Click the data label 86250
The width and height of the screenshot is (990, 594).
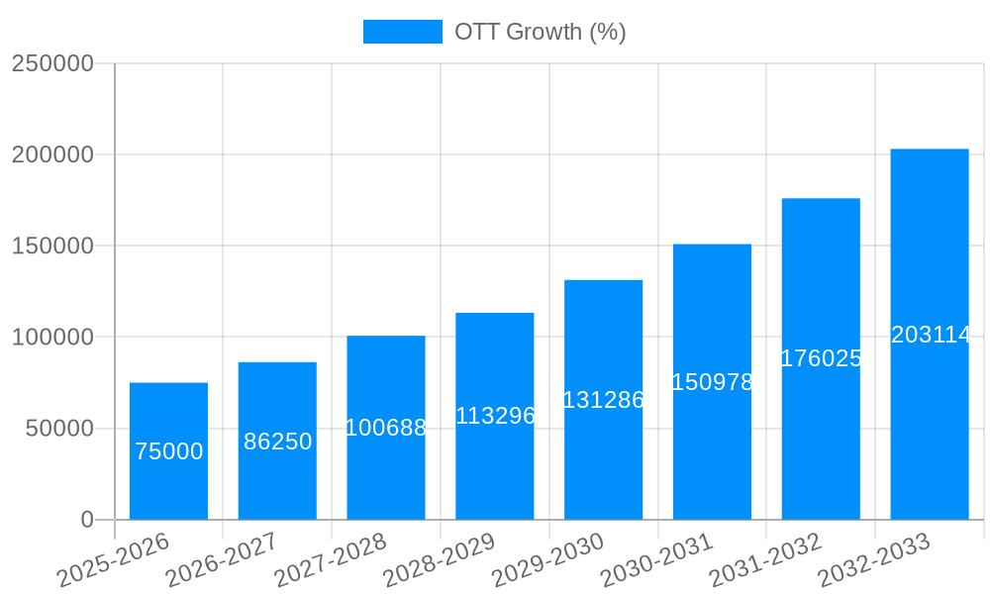pyautogui.click(x=277, y=442)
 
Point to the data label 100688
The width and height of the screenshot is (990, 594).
pyautogui.click(x=386, y=428)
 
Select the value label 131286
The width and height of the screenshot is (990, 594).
pyautogui.click(x=603, y=400)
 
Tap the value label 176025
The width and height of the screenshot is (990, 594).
pyautogui.click(x=821, y=358)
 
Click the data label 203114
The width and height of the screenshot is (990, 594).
pyautogui.click(x=930, y=336)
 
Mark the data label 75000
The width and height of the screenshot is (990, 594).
pyautogui.click(x=168, y=451)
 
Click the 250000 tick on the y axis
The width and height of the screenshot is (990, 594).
pyautogui.click(x=52, y=64)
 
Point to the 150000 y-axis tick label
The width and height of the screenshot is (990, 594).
pyautogui.click(x=52, y=247)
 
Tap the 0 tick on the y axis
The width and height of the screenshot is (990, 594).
pyautogui.click(x=87, y=520)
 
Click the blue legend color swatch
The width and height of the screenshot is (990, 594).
pyautogui.click(x=402, y=32)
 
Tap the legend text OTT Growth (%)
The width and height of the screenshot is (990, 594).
pyautogui.click(x=540, y=32)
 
